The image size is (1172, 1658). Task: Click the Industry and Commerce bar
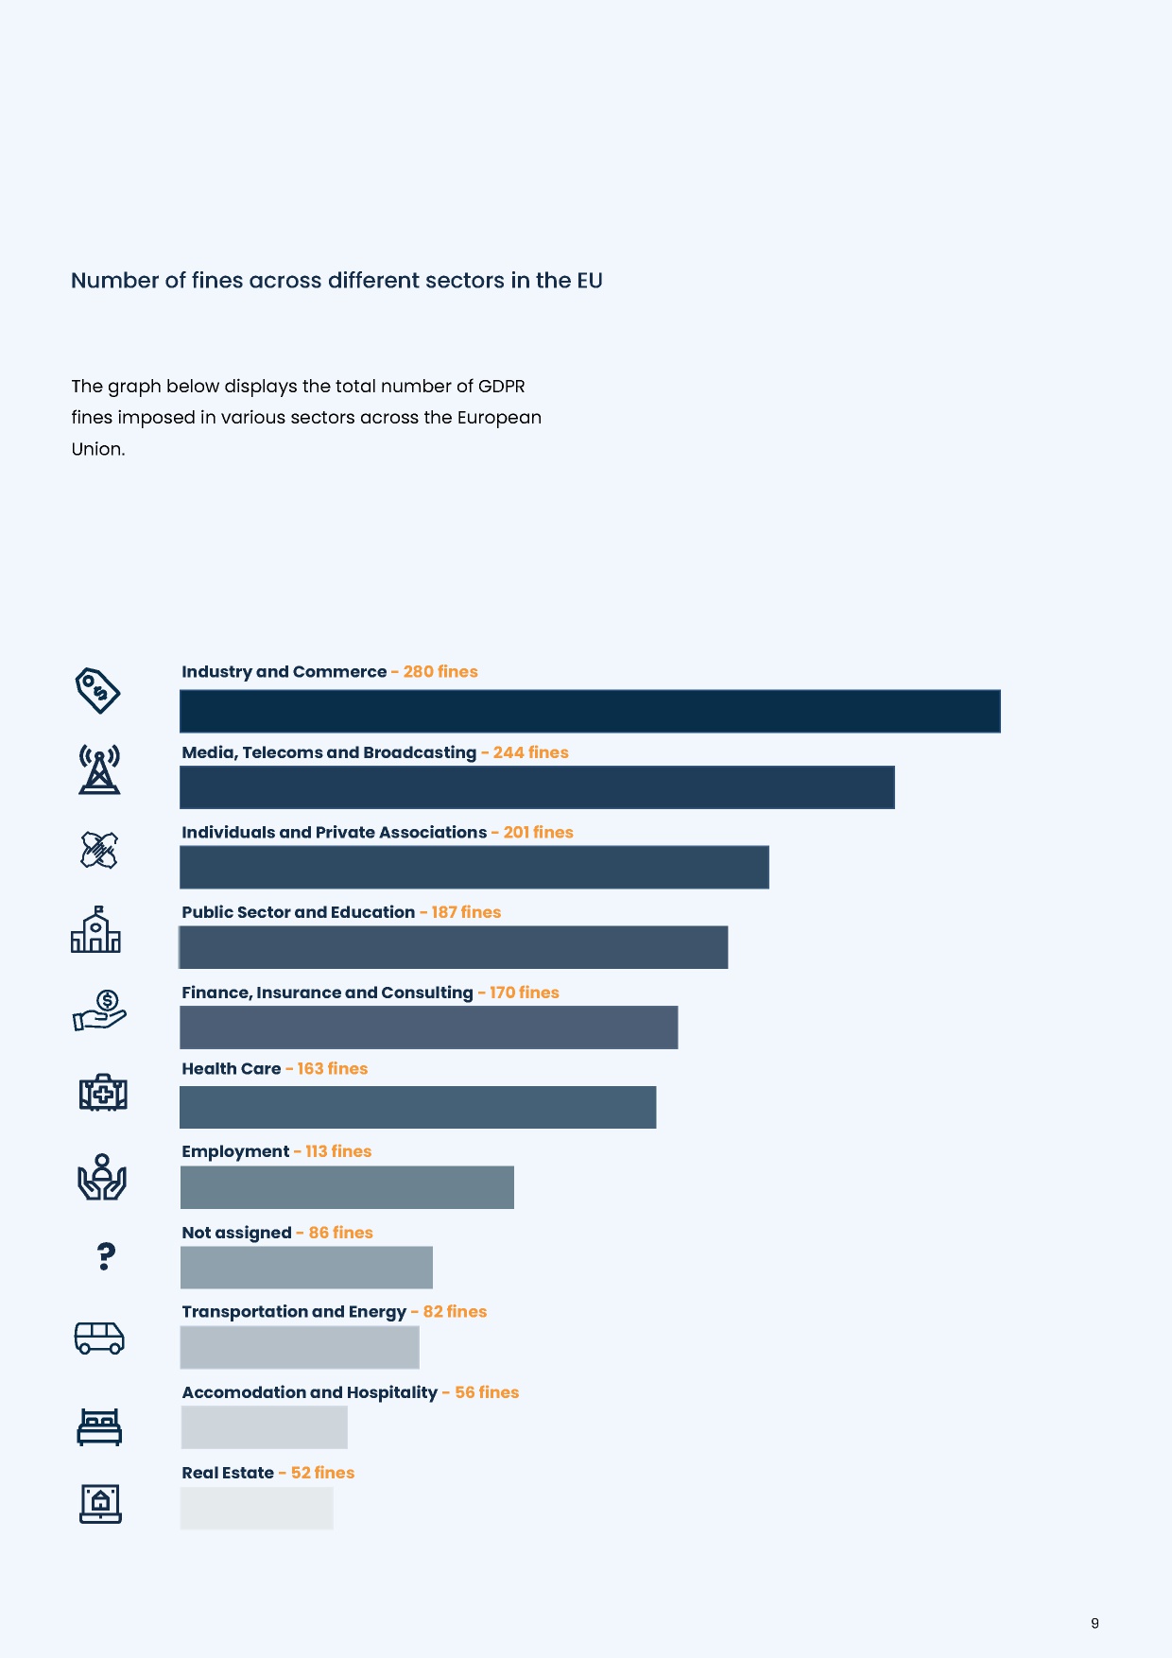coord(590,711)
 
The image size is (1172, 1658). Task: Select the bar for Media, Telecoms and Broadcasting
coord(537,787)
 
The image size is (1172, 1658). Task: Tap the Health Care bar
coord(418,1107)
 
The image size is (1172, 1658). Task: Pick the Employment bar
coord(347,1187)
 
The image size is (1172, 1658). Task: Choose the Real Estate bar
coord(256,1508)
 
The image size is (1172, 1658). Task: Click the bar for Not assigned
coord(306,1268)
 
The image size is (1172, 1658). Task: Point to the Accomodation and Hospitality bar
coord(264,1427)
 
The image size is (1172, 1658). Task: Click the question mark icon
coord(106,1255)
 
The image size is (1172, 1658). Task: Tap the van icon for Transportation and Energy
coord(99,1338)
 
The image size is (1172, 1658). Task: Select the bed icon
coord(99,1426)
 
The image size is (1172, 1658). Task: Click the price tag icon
coord(97,690)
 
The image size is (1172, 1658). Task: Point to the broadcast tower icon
coord(99,769)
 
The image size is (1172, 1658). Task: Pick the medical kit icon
coord(103,1093)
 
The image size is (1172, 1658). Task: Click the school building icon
coord(95,930)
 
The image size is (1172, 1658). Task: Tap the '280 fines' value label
coord(440,671)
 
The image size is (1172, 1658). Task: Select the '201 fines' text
coord(538,832)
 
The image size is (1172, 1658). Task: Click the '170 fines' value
coord(524,993)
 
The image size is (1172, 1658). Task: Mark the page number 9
coord(1094,1623)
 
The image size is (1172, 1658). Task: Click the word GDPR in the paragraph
coord(501,386)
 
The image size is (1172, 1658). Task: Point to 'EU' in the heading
coord(590,281)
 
